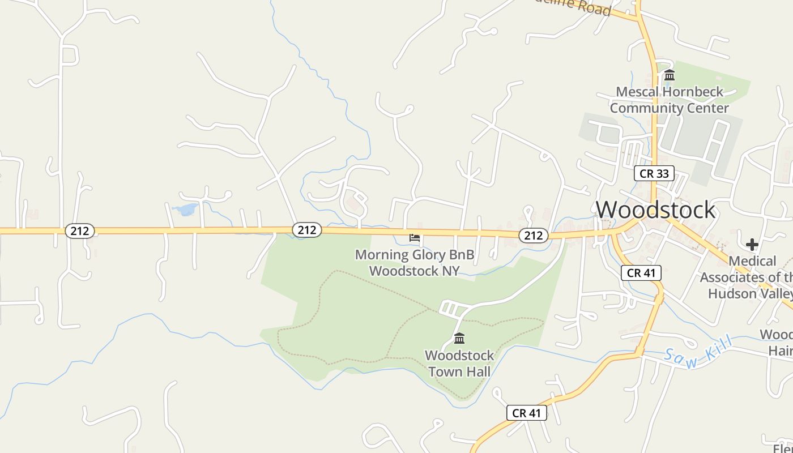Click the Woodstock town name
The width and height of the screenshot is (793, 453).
(655, 210)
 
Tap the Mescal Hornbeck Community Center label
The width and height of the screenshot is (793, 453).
(669, 100)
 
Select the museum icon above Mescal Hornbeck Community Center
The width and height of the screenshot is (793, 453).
(670, 75)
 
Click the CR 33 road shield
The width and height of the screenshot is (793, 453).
(654, 173)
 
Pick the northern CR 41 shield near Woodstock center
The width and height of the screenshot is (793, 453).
(641, 273)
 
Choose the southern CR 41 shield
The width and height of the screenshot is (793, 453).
(527, 413)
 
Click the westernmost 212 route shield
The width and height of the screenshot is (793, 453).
(79, 231)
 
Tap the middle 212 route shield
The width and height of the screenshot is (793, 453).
(307, 230)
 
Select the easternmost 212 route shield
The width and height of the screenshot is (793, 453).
(533, 236)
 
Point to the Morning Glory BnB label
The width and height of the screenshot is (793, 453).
(415, 263)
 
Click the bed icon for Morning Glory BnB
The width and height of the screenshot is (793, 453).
(415, 238)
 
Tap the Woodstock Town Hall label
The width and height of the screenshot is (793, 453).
(459, 364)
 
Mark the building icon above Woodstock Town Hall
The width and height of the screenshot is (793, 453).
(459, 339)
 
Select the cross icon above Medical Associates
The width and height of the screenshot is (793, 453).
(752, 245)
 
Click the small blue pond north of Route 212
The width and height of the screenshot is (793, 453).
(185, 210)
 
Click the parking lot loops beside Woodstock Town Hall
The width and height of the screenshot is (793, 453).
(451, 309)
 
